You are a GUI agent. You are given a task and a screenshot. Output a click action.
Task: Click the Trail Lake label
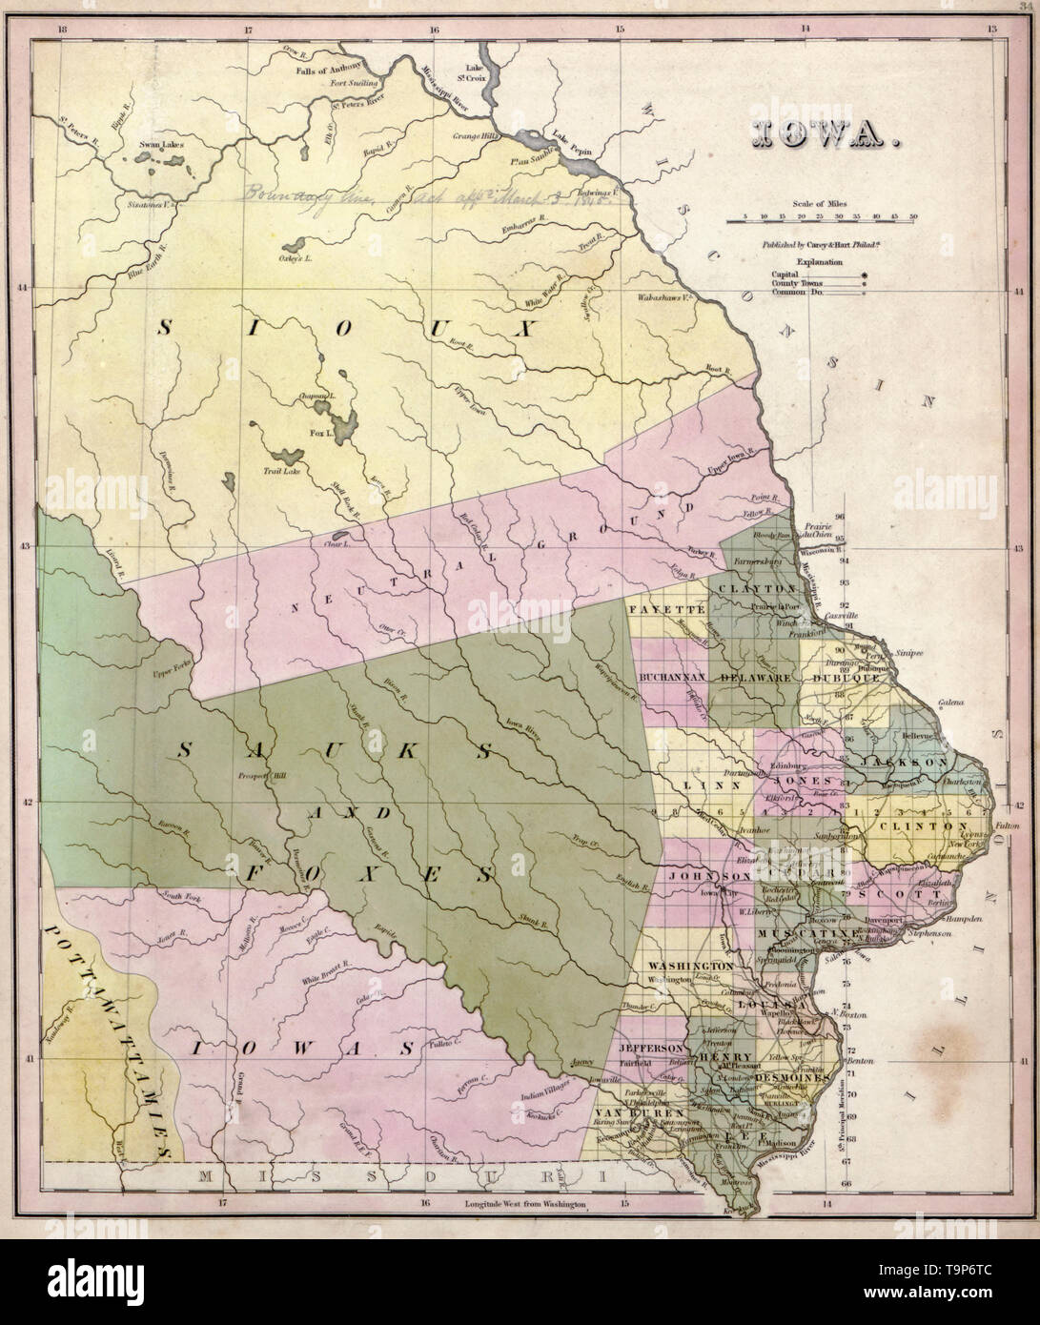coord(281,471)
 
